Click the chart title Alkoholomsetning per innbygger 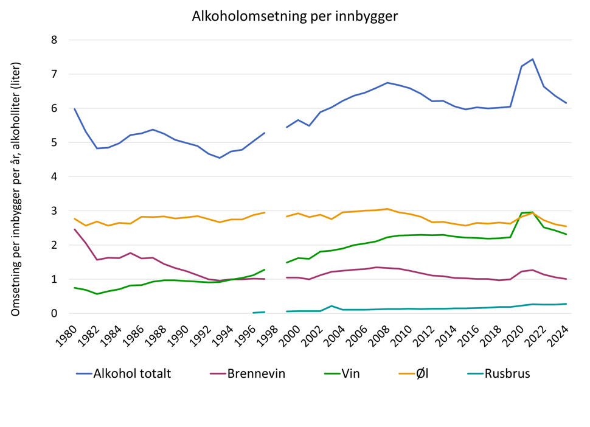[x=295, y=16]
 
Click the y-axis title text [x=16, y=189]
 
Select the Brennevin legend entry [x=256, y=373]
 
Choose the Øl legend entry [x=429, y=373]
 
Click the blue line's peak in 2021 [x=532, y=59]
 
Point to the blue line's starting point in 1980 [x=74, y=109]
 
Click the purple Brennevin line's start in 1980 [x=74, y=229]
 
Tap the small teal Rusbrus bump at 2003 [x=331, y=306]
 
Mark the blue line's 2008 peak [x=387, y=83]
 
